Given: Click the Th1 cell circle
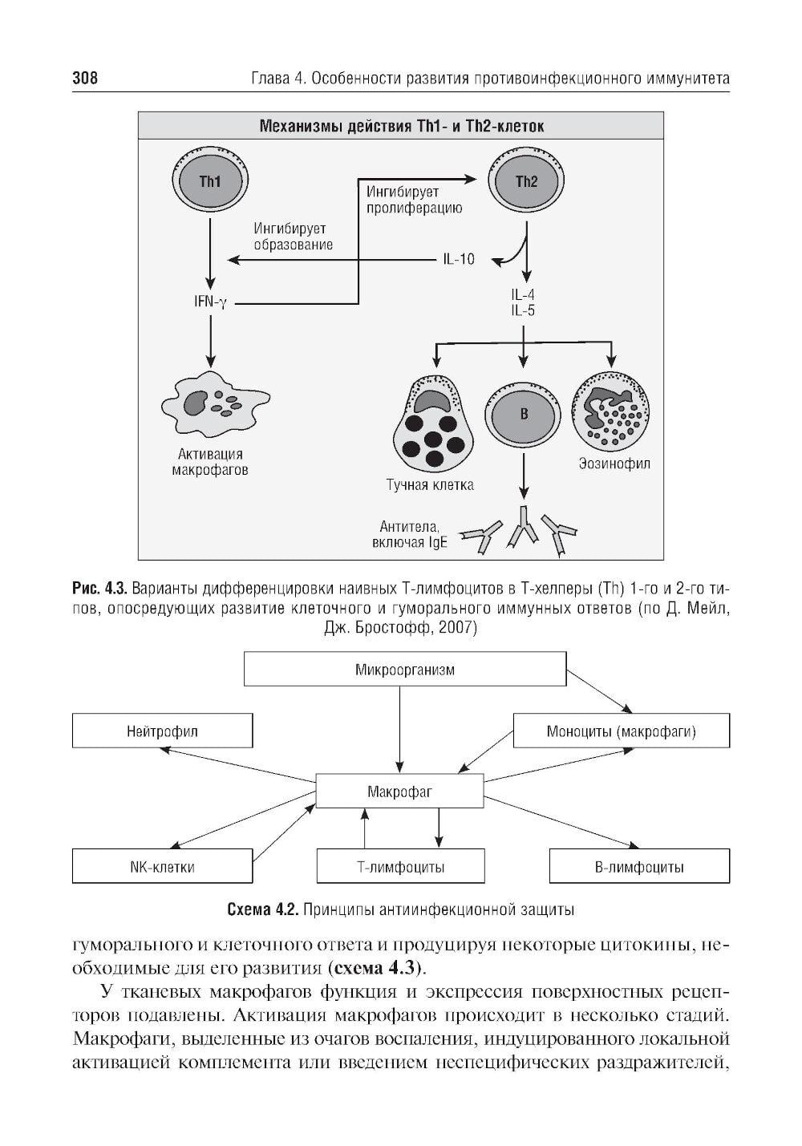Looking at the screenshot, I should [210, 182].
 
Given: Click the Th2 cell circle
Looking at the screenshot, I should [526, 182].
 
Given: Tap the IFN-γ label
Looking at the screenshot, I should [210, 302].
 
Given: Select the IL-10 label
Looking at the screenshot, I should [458, 259].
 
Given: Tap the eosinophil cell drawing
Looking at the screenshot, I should [612, 411].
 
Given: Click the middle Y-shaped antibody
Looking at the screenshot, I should [524, 531].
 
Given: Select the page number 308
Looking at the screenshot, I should [85, 79].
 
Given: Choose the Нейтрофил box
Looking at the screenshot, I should [162, 731].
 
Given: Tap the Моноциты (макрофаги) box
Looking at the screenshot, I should [621, 731].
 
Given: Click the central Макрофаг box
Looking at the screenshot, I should [399, 792].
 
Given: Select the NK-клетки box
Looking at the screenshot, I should [162, 867].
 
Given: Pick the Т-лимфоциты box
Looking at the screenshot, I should [401, 867].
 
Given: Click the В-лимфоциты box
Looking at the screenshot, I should [639, 867].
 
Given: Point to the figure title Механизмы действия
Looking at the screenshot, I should [401, 126].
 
